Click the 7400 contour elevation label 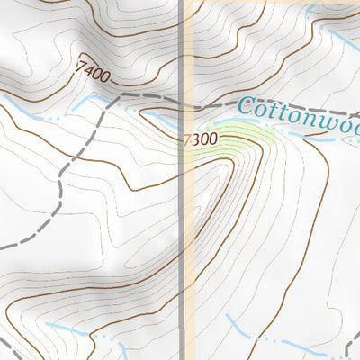pos(94,71)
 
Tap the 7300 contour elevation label pos(200,140)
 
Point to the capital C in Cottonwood pos(249,109)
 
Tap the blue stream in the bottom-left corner pos(67,328)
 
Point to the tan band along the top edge pos(270,3)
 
